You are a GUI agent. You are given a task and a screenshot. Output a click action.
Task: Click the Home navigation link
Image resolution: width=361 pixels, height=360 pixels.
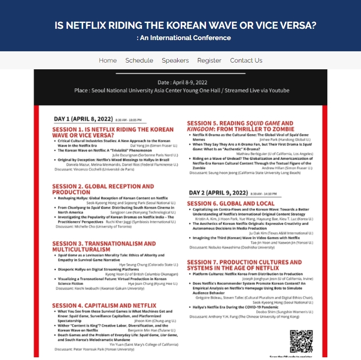(x=107, y=60)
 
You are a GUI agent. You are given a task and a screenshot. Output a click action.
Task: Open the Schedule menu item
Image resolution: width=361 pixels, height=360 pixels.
(x=139, y=60)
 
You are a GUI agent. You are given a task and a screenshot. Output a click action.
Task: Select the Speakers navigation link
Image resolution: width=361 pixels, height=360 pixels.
(x=175, y=60)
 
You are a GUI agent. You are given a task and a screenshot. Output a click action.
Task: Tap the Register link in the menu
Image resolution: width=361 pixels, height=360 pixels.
(x=209, y=60)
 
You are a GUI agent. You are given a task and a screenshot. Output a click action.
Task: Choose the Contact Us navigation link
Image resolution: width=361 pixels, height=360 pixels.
(x=246, y=60)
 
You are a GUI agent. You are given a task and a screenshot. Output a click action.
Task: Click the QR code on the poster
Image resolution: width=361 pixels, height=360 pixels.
(x=301, y=342)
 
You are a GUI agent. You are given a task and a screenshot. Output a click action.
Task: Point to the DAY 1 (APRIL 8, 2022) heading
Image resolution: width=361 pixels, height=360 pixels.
(x=83, y=119)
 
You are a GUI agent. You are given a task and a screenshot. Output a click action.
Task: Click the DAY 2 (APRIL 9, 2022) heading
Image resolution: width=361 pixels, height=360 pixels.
(x=218, y=193)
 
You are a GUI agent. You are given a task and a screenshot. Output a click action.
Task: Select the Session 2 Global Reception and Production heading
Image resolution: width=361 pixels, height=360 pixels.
(x=103, y=189)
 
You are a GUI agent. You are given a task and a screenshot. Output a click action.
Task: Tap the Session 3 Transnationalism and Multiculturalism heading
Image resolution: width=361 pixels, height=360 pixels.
(x=104, y=246)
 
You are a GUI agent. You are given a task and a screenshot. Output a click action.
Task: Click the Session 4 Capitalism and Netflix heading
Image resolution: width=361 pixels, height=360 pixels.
(x=104, y=306)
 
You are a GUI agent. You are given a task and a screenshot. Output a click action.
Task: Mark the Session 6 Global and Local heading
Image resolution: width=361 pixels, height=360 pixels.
(x=230, y=203)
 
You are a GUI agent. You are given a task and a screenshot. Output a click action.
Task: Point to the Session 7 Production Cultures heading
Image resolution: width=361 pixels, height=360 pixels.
(x=244, y=265)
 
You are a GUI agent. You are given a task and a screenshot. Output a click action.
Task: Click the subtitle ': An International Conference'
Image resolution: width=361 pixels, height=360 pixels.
(x=184, y=38)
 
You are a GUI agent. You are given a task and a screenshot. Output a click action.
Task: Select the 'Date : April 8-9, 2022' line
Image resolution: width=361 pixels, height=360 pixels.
(x=182, y=82)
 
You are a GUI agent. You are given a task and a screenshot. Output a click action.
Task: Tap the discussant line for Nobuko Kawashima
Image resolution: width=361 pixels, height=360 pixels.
(x=232, y=247)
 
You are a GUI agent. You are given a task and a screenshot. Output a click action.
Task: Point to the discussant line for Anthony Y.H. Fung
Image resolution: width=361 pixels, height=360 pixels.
(x=244, y=316)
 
